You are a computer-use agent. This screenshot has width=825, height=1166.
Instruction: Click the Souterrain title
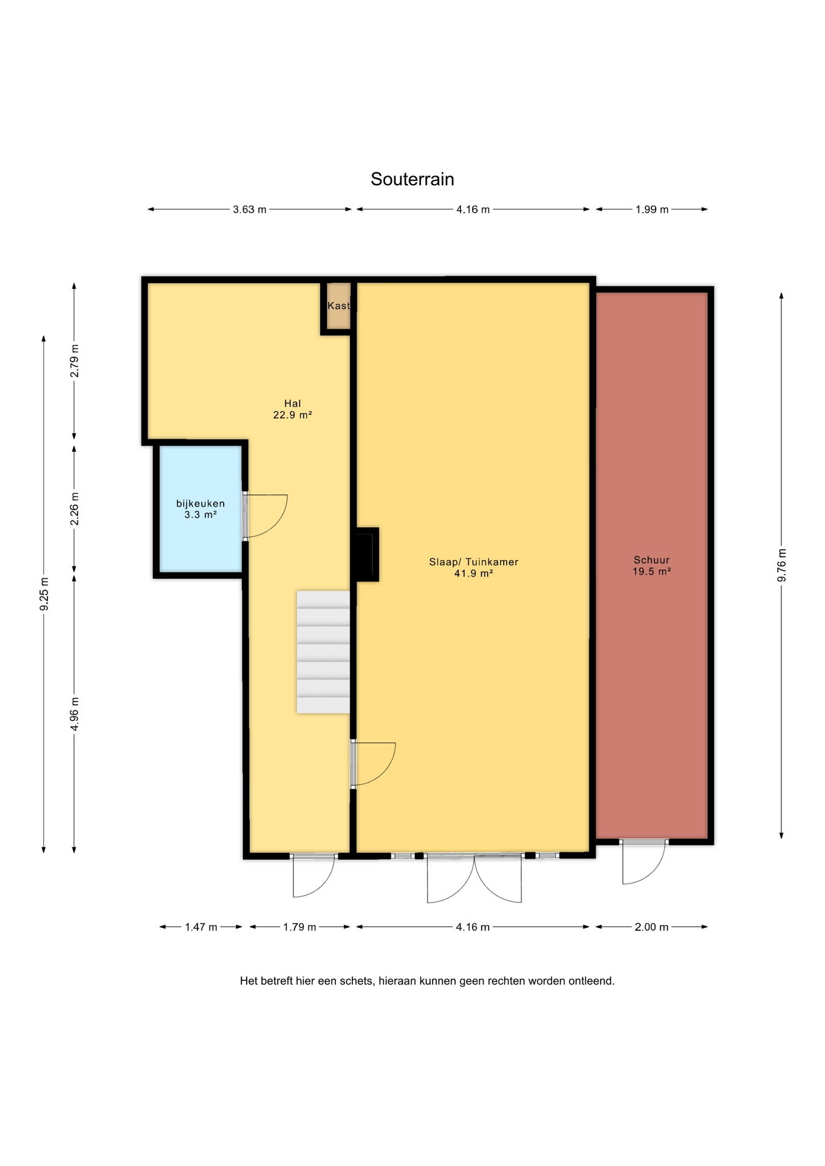[x=412, y=179]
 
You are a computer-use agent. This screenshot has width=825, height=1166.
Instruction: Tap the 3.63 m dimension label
[x=250, y=210]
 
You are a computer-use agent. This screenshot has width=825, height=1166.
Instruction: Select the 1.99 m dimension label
[x=652, y=210]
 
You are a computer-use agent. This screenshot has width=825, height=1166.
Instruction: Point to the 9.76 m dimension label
[x=782, y=565]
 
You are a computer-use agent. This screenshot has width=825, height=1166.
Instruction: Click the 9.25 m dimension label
[x=44, y=595]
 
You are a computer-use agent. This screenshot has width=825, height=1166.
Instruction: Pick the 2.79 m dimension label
[x=75, y=361]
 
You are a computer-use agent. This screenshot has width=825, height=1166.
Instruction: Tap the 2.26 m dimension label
[x=75, y=509]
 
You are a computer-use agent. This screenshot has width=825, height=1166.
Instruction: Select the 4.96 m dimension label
[x=75, y=714]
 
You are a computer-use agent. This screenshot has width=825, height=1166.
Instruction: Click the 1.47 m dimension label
[x=201, y=927]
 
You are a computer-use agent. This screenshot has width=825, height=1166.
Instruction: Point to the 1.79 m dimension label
[x=300, y=927]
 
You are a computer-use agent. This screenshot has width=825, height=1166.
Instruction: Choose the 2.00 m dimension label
[x=652, y=927]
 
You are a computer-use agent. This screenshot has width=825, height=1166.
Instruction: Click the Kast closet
[x=338, y=307]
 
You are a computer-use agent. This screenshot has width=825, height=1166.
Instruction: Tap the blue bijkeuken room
[x=200, y=509]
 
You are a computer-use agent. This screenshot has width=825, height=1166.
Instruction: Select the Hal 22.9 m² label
[x=293, y=409]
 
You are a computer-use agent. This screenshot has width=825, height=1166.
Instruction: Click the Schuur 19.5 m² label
[x=652, y=566]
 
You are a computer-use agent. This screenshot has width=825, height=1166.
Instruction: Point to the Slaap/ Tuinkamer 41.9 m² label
[x=474, y=568]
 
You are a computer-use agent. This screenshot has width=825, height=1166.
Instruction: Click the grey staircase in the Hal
[x=323, y=652]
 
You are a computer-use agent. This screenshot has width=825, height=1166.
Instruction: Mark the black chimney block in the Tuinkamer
[x=366, y=554]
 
